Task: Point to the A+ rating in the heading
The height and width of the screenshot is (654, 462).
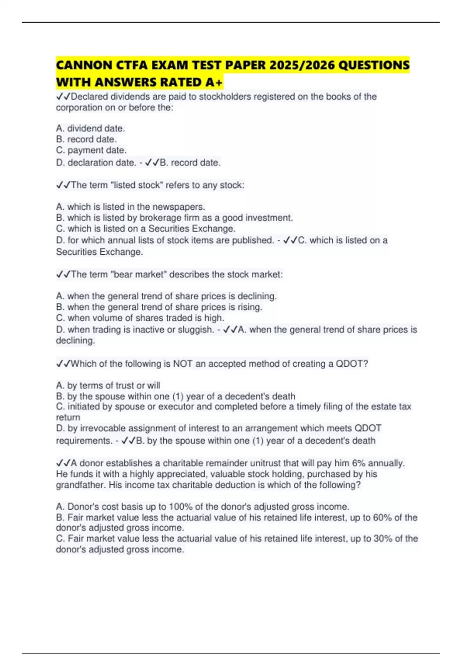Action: [215, 82]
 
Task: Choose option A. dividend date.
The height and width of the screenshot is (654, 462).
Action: [90, 128]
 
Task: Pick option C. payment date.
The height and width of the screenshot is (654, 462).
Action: [91, 150]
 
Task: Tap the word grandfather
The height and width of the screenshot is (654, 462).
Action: [81, 485]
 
